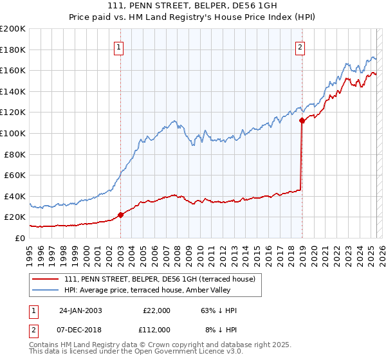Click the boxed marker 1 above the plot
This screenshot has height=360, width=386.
(x=120, y=46)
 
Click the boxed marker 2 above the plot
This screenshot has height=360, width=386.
(x=300, y=46)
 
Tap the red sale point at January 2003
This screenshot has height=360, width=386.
(x=121, y=215)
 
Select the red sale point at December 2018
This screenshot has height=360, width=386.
(x=302, y=121)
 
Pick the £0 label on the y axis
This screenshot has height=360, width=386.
(x=20, y=238)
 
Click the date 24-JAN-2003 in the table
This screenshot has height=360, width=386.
(x=80, y=310)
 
